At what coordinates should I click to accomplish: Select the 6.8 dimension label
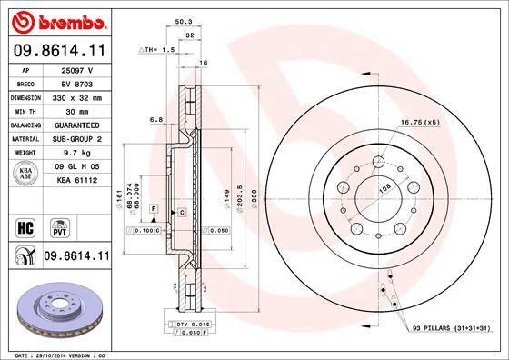(155, 118)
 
